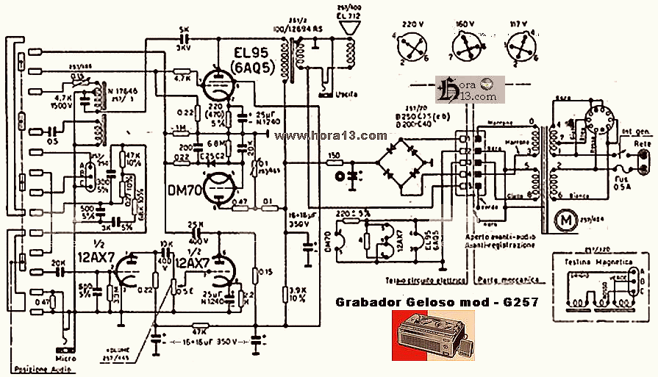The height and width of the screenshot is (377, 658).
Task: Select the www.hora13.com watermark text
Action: click(x=335, y=136)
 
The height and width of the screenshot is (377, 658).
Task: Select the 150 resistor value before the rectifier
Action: click(x=335, y=156)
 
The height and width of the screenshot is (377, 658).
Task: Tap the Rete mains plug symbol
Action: click(x=644, y=159)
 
